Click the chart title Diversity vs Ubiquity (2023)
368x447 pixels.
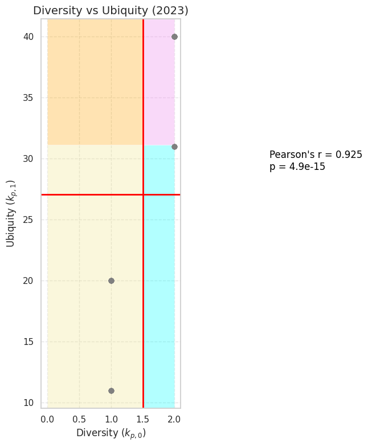(x=111, y=10)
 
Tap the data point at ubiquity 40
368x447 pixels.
(x=174, y=36)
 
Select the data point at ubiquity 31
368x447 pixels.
(x=174, y=147)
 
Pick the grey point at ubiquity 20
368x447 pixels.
(x=111, y=281)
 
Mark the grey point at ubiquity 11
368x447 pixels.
(x=111, y=391)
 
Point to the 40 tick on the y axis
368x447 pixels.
(x=28, y=36)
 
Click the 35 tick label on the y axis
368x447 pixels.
(x=28, y=97)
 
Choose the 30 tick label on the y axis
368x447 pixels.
(x=28, y=159)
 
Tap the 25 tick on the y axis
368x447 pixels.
(x=28, y=220)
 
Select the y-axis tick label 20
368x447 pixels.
(x=28, y=281)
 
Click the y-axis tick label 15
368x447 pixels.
(x=28, y=342)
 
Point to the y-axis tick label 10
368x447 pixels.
(x=28, y=403)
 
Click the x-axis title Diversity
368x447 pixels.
(x=111, y=433)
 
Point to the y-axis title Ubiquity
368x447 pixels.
(x=11, y=213)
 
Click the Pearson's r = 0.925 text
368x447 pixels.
(x=316, y=155)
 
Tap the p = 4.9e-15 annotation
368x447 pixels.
(x=297, y=166)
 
